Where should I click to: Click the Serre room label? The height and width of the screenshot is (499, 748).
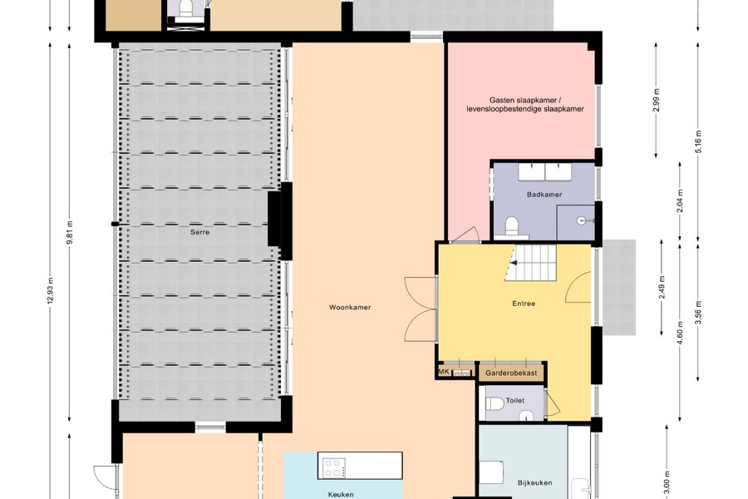[x=199, y=232]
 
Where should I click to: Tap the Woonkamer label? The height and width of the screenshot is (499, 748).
[x=350, y=307]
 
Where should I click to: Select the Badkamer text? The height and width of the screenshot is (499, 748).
[x=544, y=195]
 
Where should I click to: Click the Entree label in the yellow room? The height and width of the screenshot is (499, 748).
[x=524, y=304]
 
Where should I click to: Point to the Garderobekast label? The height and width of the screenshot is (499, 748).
[x=511, y=373]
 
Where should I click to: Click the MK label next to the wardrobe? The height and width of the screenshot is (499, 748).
[x=444, y=371]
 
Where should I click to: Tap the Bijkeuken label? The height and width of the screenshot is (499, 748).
[x=534, y=482]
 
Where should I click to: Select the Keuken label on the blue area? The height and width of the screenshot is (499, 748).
[x=341, y=494]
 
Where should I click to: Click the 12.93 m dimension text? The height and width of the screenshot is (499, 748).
[x=50, y=291]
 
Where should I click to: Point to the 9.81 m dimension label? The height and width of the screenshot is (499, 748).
[x=69, y=233]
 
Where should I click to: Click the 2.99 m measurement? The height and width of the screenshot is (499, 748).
[x=656, y=101]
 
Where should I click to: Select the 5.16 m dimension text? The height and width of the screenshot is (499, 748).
[x=698, y=141]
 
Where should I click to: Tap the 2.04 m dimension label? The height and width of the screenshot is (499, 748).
[x=680, y=201]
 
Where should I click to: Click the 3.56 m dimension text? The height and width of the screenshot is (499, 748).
[x=698, y=313]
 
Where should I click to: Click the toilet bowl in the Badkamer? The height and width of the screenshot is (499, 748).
[x=511, y=226]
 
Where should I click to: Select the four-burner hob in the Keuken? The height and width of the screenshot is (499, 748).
[x=333, y=467]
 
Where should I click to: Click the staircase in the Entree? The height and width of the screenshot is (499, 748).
[x=530, y=263]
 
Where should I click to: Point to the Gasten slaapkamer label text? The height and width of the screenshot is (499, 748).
[x=524, y=105]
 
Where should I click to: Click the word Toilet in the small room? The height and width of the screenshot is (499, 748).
[x=515, y=400]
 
